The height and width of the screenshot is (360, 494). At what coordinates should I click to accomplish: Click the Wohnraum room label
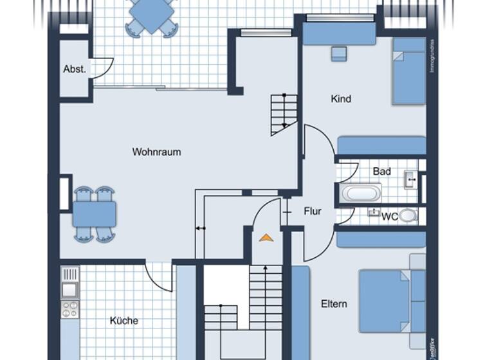tap(156, 152)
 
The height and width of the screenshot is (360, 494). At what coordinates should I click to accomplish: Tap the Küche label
tap(123, 320)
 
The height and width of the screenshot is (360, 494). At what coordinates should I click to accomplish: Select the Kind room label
tap(341, 99)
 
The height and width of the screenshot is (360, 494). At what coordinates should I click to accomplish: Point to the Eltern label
tap(334, 304)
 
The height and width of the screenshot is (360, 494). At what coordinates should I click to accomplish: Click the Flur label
tap(312, 211)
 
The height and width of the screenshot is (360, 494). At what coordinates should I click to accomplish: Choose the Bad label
tap(381, 172)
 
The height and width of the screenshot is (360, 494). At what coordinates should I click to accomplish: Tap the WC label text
tap(389, 217)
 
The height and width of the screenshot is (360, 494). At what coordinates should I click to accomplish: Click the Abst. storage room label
tap(75, 69)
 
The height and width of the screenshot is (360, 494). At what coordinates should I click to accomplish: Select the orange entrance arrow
tap(266, 238)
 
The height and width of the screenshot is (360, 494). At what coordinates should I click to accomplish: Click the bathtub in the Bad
tap(361, 193)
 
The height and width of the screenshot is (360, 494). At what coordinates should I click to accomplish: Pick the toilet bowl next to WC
tap(408, 216)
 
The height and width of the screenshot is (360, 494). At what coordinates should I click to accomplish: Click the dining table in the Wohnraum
tap(94, 214)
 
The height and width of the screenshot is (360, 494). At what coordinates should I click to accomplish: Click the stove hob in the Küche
tap(69, 309)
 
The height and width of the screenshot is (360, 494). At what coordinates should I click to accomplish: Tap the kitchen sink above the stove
tap(69, 290)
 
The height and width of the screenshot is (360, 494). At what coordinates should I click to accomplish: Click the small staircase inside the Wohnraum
tap(284, 114)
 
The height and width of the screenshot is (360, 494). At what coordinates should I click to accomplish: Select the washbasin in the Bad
tap(410, 179)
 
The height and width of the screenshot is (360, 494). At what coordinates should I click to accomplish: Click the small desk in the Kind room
tap(339, 53)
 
